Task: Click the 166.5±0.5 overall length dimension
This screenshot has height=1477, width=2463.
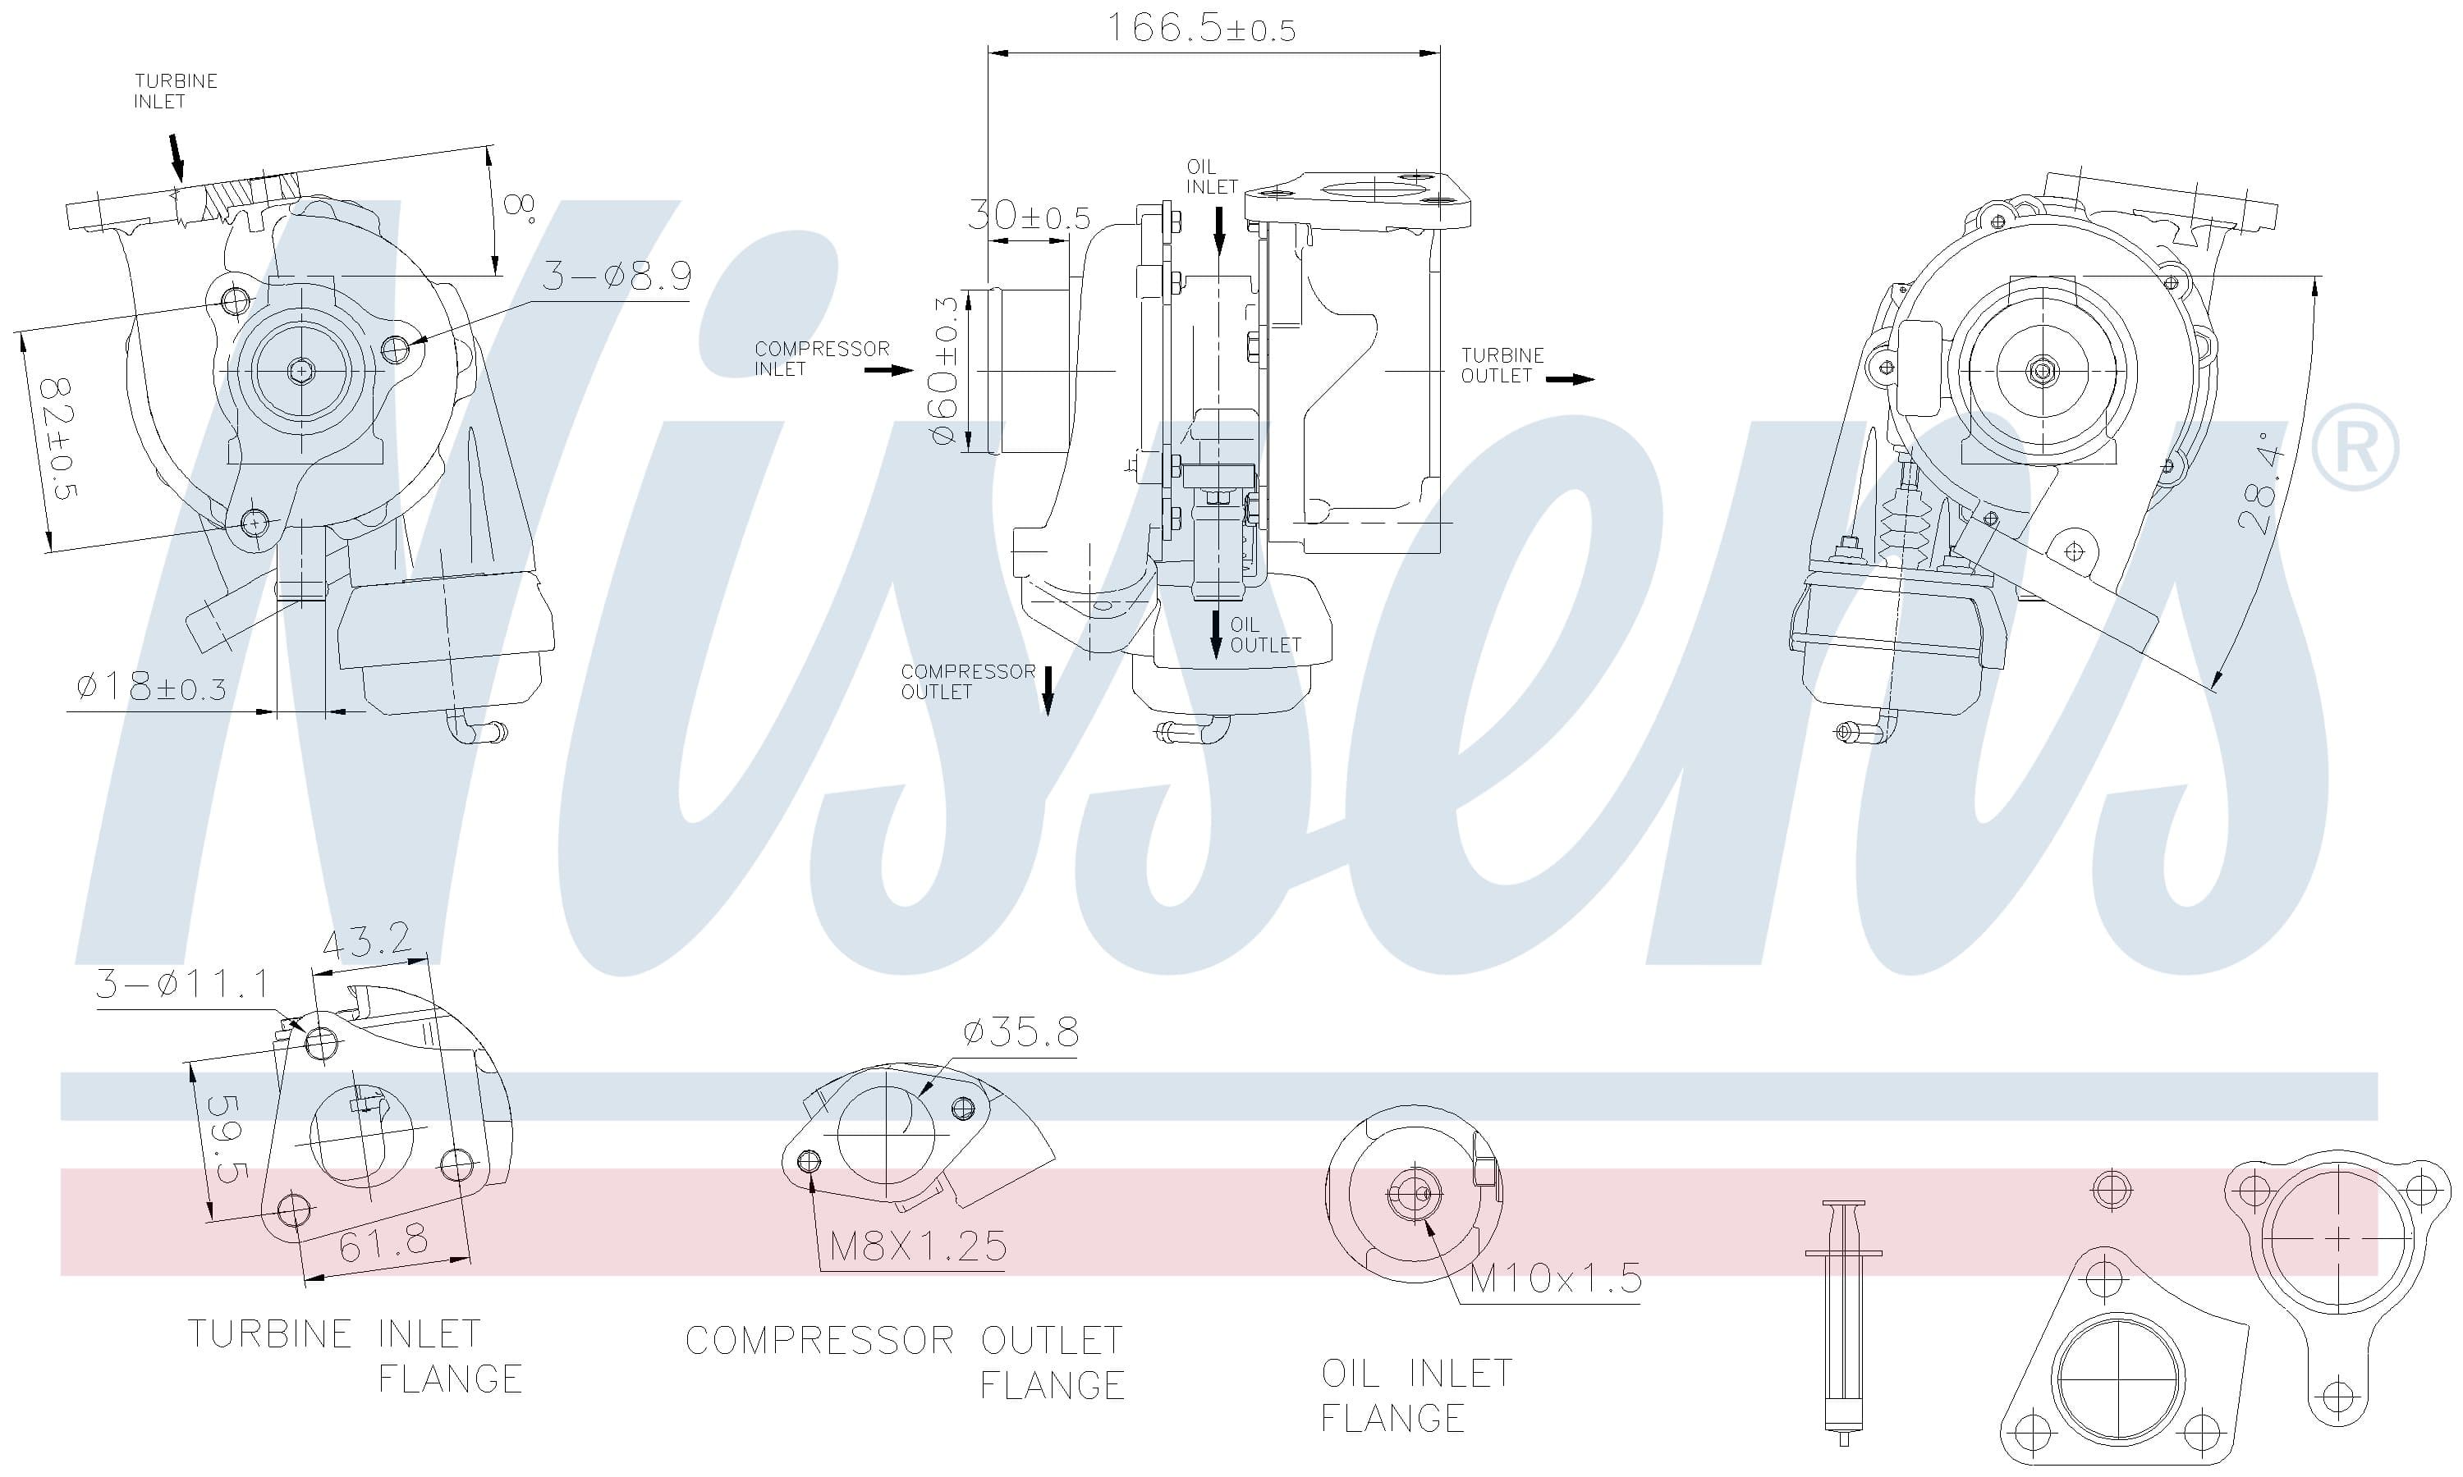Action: [1202, 28]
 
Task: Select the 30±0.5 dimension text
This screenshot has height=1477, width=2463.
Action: [1030, 216]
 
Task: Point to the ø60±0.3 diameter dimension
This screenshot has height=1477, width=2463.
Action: [945, 369]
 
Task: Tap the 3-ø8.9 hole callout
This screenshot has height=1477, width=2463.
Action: [617, 276]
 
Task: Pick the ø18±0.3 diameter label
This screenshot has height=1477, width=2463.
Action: [151, 687]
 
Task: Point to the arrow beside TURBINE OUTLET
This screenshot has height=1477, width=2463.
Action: [1570, 379]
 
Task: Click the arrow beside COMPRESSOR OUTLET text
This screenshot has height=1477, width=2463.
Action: [1048, 691]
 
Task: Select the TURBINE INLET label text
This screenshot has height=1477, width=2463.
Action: [175, 90]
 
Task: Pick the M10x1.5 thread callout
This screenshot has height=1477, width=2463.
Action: [1555, 1278]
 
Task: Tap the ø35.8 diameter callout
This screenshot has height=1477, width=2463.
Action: [1021, 1032]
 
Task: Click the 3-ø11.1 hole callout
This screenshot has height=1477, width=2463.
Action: [182, 983]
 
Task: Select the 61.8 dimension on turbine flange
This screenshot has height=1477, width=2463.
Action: [383, 1242]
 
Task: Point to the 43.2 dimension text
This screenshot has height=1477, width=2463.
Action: [366, 940]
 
